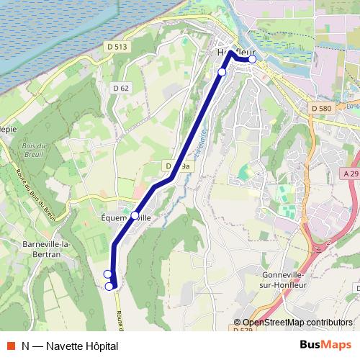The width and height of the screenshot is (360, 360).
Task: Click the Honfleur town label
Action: pos(236,53)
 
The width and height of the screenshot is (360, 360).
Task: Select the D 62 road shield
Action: pos(120,88)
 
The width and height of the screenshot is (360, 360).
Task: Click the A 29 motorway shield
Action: pos(351,174)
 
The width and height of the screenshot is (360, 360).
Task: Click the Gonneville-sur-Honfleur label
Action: pos(285,280)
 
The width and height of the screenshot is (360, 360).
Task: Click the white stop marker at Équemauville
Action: pos(135,215)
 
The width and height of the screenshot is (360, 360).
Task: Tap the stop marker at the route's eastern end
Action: pos(252,60)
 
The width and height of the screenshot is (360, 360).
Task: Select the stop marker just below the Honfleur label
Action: pos(222,72)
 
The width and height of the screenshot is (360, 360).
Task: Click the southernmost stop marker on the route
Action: pos(109,287)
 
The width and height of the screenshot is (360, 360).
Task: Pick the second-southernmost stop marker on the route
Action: pos(107,274)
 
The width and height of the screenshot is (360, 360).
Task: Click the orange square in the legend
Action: pos(9,346)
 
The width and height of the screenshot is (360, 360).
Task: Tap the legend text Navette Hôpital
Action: pos(81,346)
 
